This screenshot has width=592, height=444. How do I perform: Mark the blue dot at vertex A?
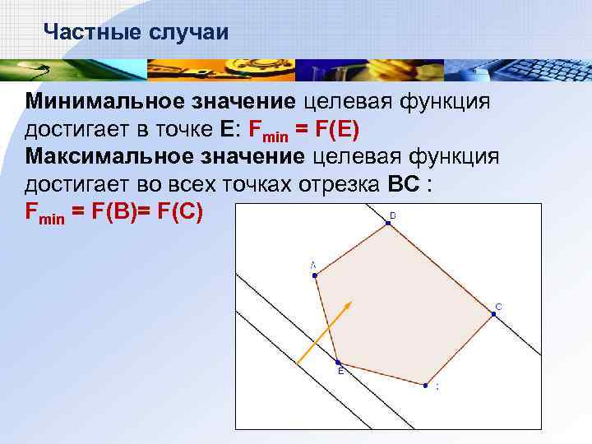(315, 275)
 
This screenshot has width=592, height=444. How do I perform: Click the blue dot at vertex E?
(337, 361)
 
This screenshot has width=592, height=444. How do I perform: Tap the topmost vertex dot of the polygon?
(385, 221)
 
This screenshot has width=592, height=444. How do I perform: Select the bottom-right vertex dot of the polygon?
(426, 384)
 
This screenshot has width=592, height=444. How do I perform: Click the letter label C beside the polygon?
(499, 307)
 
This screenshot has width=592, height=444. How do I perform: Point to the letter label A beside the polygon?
(312, 265)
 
